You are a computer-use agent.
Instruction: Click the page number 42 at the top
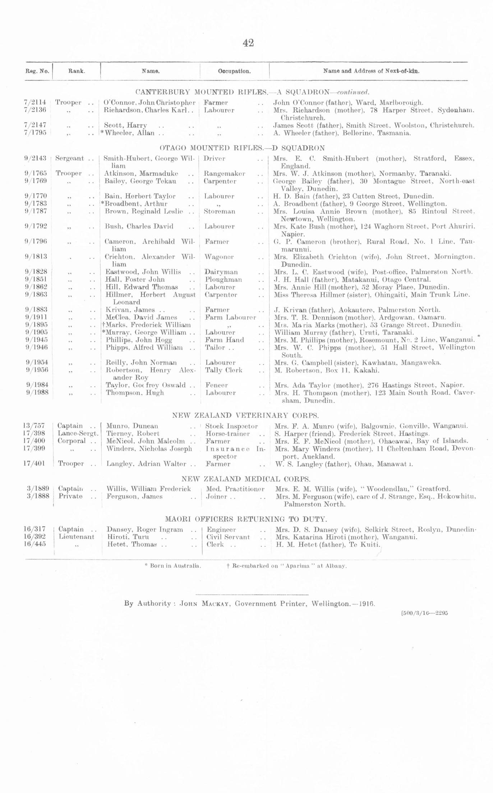click(248, 43)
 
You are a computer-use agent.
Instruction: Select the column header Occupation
click(234, 71)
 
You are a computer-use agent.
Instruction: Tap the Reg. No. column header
click(37, 71)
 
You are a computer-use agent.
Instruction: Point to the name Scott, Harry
click(125, 126)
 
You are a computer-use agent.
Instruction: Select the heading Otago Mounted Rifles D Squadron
click(242, 148)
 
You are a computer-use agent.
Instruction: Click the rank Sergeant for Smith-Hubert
click(70, 158)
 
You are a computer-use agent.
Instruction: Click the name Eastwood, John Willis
click(143, 272)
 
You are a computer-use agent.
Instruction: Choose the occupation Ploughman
click(224, 279)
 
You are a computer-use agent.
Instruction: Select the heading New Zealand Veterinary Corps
click(245, 415)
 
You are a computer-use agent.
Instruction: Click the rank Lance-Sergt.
click(78, 434)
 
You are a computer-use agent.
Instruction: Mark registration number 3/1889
click(38, 489)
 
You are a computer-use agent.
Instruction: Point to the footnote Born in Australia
click(173, 566)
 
